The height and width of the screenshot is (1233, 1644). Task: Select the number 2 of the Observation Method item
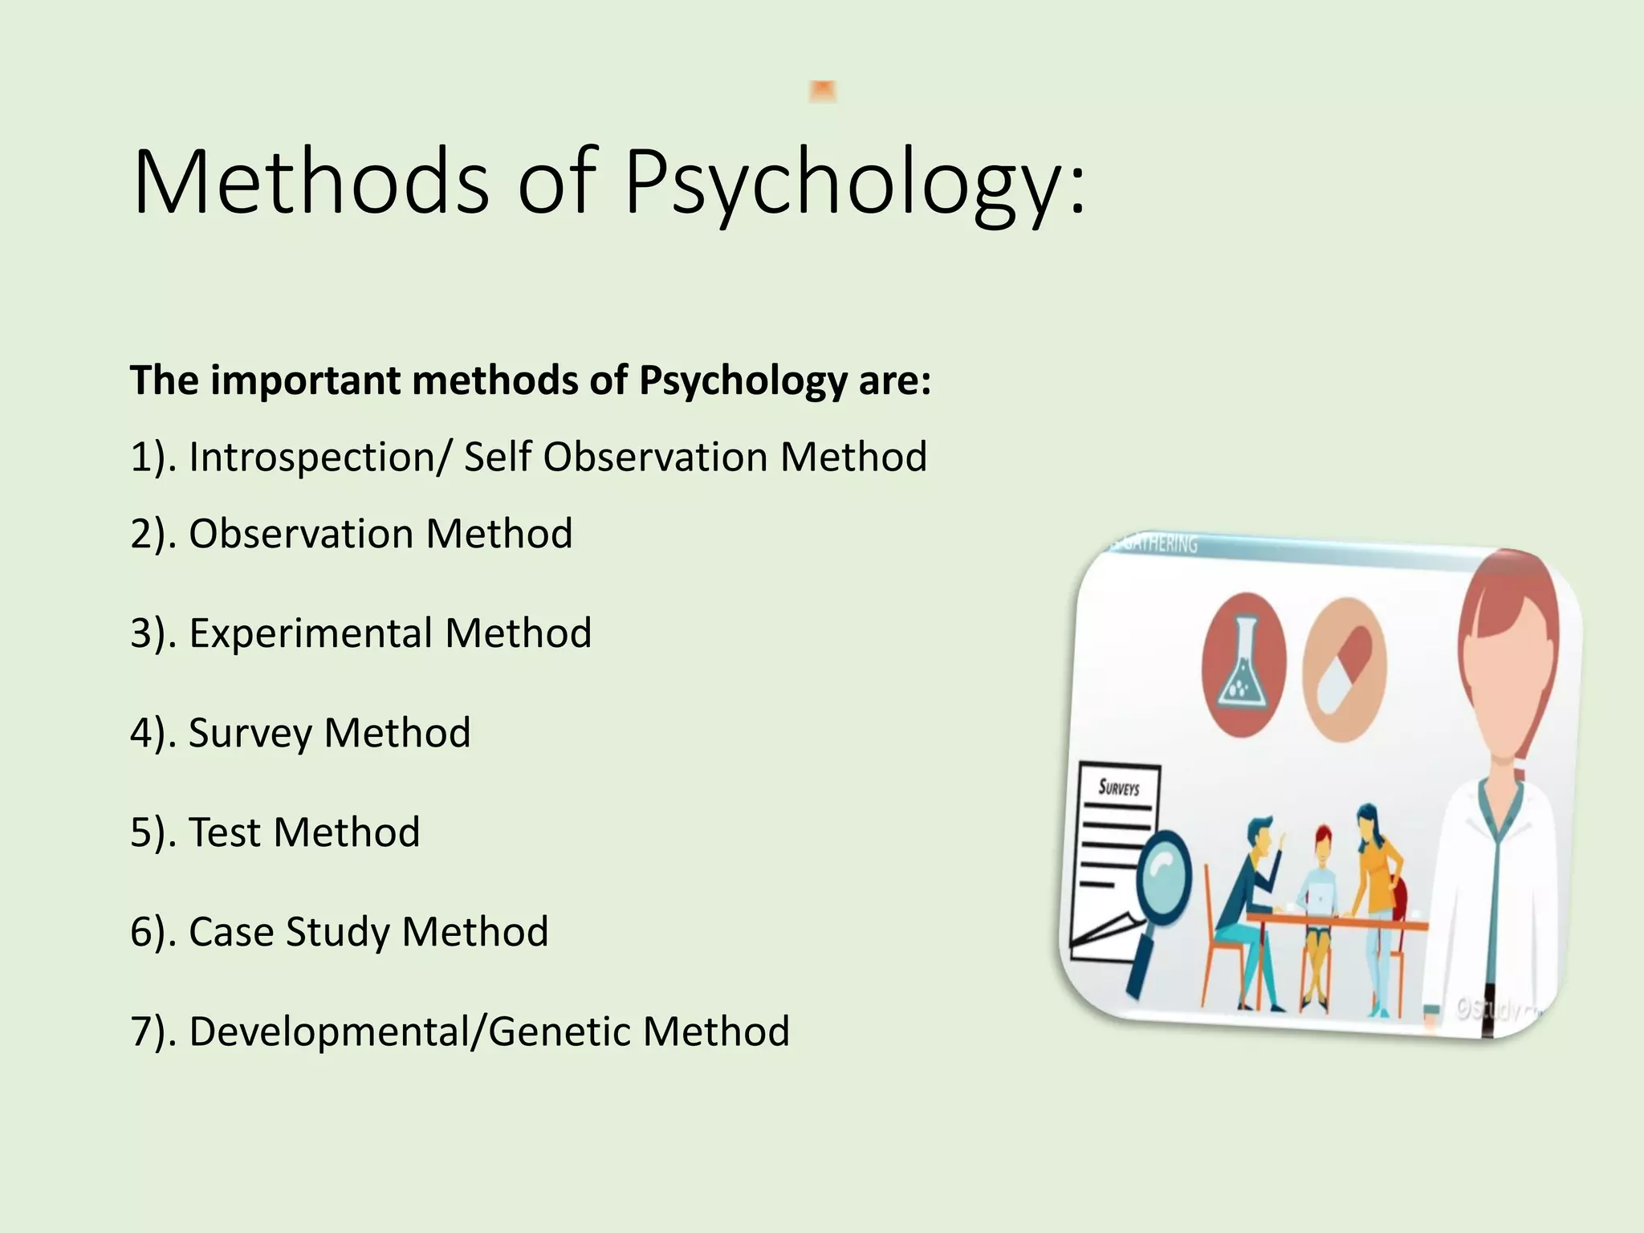click(142, 534)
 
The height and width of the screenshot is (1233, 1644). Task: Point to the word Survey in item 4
click(249, 734)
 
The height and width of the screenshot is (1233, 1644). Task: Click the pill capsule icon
click(1345, 669)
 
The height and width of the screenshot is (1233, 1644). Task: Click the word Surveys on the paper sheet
click(1119, 787)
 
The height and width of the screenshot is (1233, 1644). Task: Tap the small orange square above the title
click(823, 92)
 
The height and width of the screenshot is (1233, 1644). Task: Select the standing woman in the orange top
click(1377, 875)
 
